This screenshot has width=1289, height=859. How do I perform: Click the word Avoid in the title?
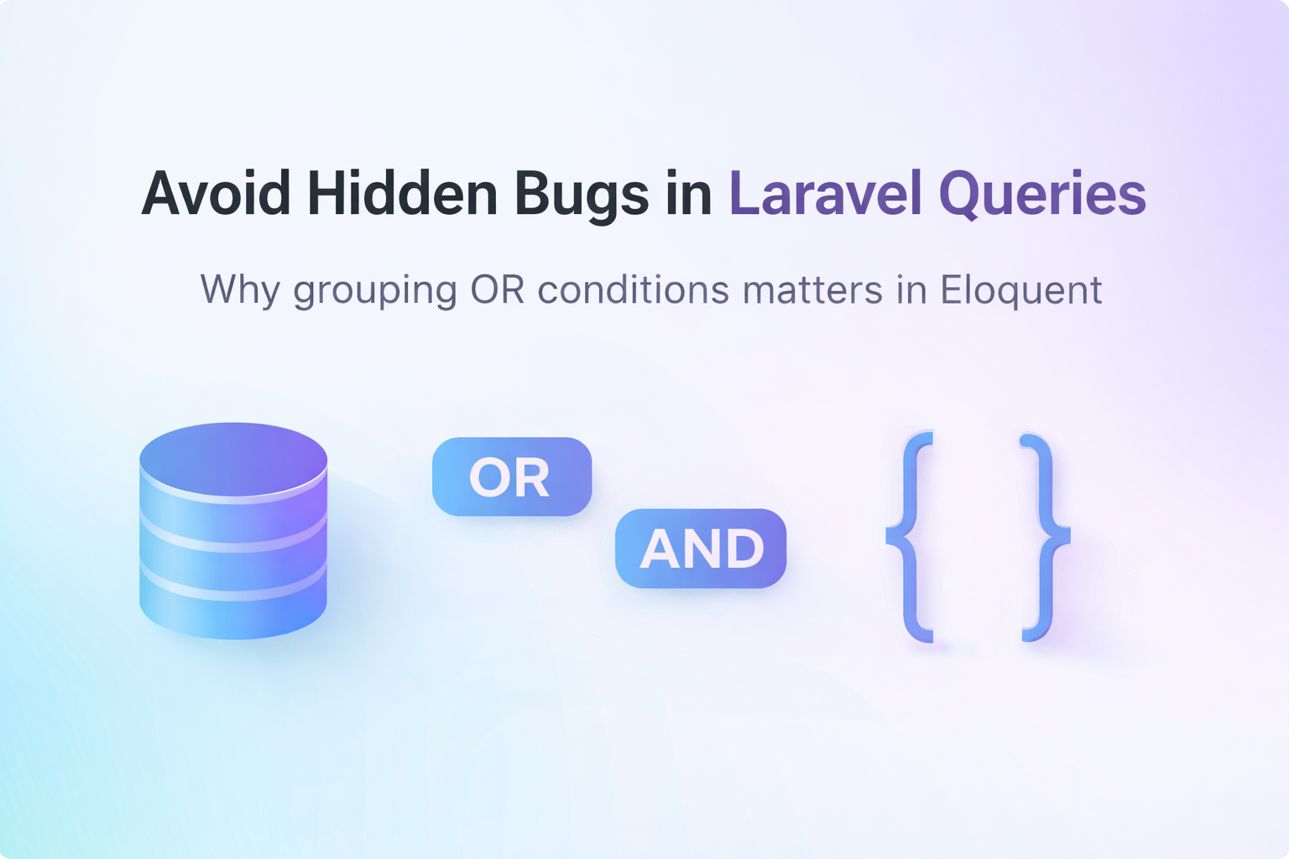tap(216, 193)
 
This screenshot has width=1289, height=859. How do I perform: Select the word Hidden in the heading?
tap(402, 193)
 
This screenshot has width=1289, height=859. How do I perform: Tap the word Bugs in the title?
tap(582, 196)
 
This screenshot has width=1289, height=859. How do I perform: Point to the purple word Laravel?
tap(826, 193)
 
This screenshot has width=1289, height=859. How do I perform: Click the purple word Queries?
tap(1042, 195)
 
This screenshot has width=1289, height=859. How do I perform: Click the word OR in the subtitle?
tap(497, 289)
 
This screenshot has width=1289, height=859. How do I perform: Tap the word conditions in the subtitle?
tap(634, 289)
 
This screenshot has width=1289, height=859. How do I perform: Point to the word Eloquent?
tap(1021, 291)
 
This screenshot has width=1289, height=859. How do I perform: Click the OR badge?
tap(512, 476)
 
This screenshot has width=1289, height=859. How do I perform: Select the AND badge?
tap(701, 549)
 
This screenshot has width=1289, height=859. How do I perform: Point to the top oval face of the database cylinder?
tap(233, 459)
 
